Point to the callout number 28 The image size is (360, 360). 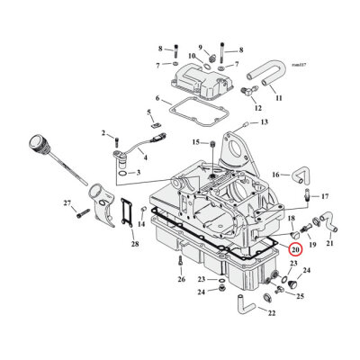click(x=133, y=244)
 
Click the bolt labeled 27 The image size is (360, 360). click(x=80, y=212)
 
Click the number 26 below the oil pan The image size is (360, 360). click(x=181, y=279)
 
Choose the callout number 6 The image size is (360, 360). click(x=157, y=98)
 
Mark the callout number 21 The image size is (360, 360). click(x=329, y=243)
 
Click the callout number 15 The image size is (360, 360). click(x=194, y=142)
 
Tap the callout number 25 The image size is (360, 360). click(x=300, y=296)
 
